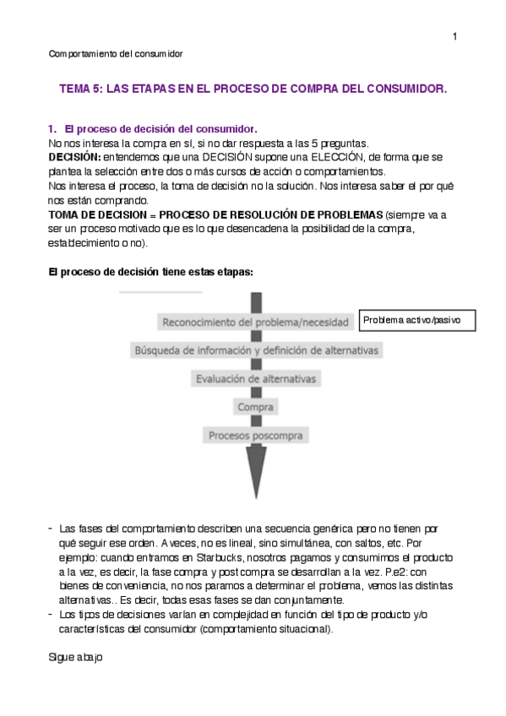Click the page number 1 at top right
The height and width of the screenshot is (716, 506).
coord(454,36)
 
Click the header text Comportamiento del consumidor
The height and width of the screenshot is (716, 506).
coord(116,54)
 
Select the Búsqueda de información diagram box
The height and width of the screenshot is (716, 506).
coord(257,350)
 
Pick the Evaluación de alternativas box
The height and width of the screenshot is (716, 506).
coord(255,379)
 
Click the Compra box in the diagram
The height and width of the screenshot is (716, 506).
coord(255,407)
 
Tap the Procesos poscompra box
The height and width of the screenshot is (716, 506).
coord(255,436)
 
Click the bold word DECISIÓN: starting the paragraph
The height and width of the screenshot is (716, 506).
coord(74,157)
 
